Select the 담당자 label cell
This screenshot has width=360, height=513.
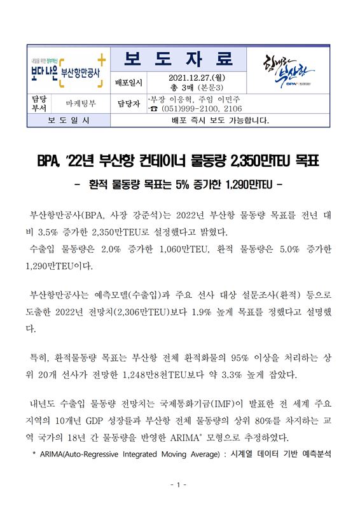(x=128, y=103)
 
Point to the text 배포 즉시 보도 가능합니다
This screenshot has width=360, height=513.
(x=221, y=120)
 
